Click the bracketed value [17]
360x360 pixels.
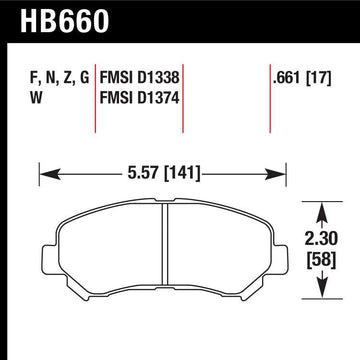pos(321,76)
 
